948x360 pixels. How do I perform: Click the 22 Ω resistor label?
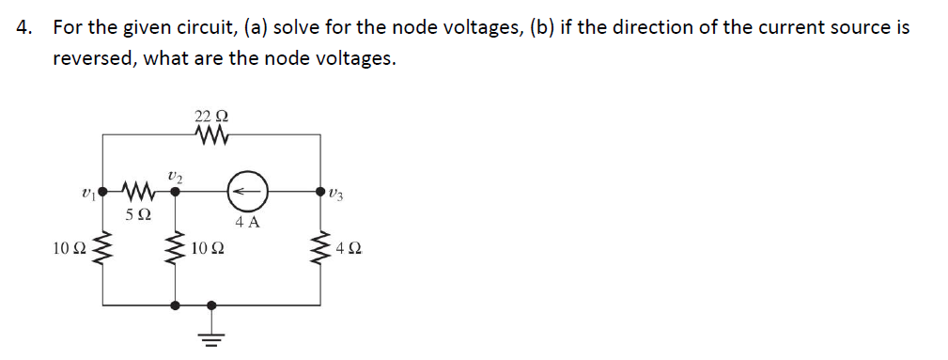[x=211, y=117]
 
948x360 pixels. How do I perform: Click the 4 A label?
[x=247, y=224]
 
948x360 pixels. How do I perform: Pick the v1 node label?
[x=87, y=193]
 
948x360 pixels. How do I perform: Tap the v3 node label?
[x=338, y=194]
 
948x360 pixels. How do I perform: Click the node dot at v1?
[x=102, y=191]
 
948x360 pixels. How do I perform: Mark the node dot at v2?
[x=175, y=191]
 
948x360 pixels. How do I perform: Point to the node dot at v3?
[x=321, y=191]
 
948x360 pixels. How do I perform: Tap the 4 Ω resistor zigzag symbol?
[x=321, y=250]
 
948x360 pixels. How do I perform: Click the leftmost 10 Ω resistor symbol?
[x=102, y=250]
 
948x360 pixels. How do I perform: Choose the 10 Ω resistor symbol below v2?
[x=175, y=250]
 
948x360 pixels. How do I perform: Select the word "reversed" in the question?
[x=94, y=58]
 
